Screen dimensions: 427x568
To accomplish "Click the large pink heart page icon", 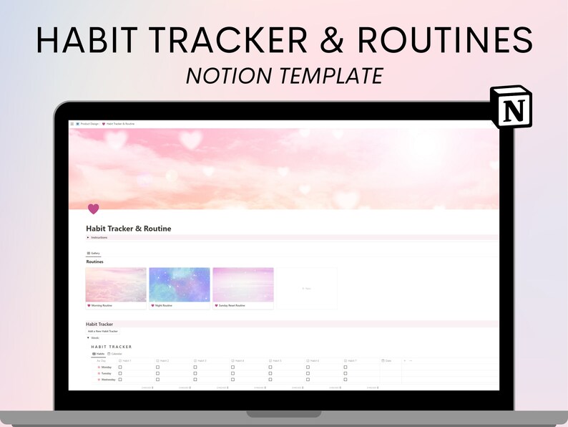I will [x=93, y=208].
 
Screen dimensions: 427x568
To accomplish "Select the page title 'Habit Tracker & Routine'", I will [x=129, y=229].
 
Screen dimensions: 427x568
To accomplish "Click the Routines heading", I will [x=95, y=262].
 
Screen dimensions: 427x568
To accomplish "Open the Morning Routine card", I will [x=116, y=288].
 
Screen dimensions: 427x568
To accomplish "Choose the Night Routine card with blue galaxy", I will [x=180, y=288].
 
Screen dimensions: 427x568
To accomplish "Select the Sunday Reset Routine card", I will [x=243, y=288].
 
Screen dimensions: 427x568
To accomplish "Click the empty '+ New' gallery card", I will [x=306, y=288].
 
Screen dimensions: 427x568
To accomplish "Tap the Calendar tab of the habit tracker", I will [x=114, y=354].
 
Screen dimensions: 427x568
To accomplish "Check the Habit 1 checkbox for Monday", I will [x=120, y=367].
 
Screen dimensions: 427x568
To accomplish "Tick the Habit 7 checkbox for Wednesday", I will [x=345, y=380].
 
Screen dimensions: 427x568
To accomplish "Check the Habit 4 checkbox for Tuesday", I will [x=232, y=373].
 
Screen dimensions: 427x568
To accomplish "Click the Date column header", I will [x=388, y=360].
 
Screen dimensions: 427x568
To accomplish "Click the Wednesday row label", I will [x=107, y=380].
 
